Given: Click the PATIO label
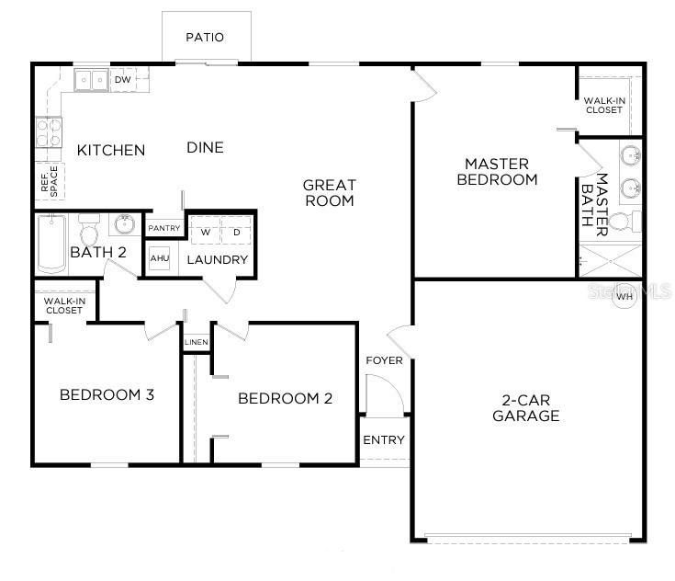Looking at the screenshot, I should click(205, 38).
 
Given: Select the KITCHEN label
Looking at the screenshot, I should click(110, 150).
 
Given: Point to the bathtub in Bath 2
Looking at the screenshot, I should click(51, 244).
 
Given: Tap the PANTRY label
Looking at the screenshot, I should click(164, 227).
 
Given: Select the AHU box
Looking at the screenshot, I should click(158, 260).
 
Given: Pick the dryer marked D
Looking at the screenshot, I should click(235, 232).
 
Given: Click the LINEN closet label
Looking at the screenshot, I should click(196, 343).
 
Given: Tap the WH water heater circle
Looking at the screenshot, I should click(625, 297).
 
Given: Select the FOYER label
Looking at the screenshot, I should click(384, 360).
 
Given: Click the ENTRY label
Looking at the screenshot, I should click(384, 439).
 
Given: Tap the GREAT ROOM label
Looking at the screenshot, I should click(329, 193).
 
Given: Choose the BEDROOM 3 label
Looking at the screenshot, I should click(107, 395).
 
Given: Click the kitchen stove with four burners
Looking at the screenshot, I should click(48, 135).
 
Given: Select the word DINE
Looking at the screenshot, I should click(206, 147).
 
